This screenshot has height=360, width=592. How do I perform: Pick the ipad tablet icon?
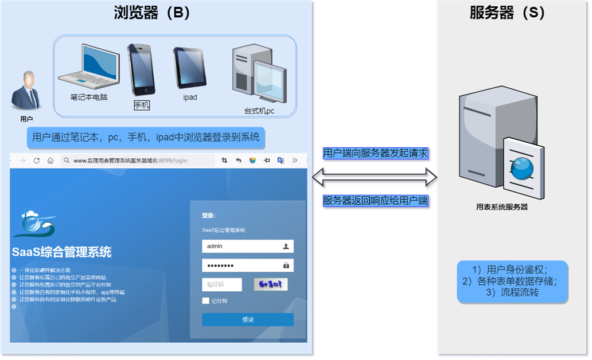(x=189, y=68)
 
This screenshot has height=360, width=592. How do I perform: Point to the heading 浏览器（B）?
(x=151, y=13)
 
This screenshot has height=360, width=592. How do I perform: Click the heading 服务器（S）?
(x=507, y=13)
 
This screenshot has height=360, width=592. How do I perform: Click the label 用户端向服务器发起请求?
(x=376, y=153)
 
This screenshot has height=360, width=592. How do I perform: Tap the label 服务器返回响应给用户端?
(x=376, y=201)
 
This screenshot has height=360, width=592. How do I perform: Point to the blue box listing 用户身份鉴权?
(x=512, y=281)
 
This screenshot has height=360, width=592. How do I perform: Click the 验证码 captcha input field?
(x=221, y=284)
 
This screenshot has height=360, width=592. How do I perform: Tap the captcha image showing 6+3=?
(x=271, y=284)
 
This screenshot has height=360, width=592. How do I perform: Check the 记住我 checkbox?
(x=206, y=301)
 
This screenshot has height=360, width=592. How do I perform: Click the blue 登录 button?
(x=247, y=320)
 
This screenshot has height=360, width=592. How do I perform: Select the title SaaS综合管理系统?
(x=61, y=252)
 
